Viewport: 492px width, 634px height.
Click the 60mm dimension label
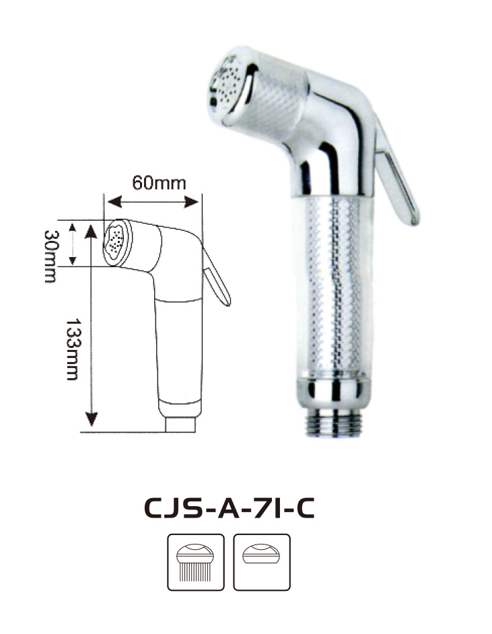pos(160,183)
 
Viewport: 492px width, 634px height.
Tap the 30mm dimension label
pos(50,256)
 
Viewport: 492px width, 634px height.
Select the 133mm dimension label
pos(73,349)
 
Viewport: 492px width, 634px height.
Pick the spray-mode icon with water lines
pos(196,562)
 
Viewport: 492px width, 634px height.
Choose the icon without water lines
pos(262,562)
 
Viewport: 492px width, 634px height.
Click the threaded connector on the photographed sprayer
pos(334,423)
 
